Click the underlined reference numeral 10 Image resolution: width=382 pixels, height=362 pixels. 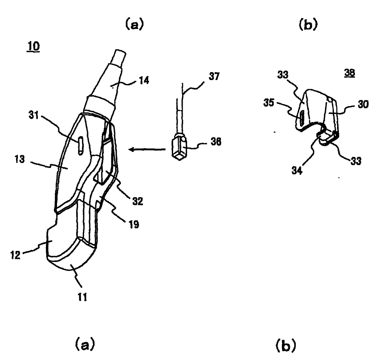coord(34,47)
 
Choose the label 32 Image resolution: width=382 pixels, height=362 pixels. coord(137,201)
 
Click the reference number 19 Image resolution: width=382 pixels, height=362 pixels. coord(134,224)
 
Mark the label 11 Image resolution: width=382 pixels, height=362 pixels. coord(82,297)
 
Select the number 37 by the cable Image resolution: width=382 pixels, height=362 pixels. coord(214,76)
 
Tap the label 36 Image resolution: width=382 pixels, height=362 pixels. coord(216,142)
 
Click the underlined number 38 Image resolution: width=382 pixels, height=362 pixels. coord(350,73)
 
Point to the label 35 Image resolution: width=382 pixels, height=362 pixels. coord(269,102)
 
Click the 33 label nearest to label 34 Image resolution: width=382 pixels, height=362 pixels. coord(356,161)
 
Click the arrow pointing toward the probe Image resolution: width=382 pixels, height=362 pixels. coord(148,150)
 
